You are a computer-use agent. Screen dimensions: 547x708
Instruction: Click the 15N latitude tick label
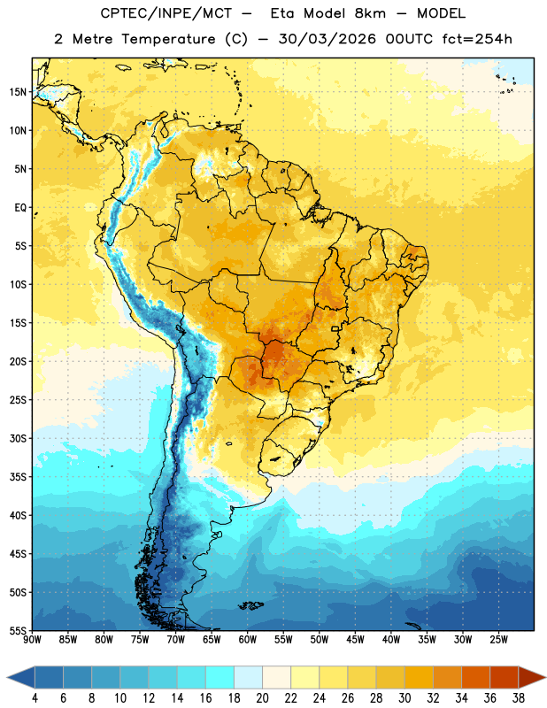[x=18, y=92]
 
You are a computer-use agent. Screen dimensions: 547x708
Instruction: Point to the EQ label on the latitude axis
[x=20, y=208]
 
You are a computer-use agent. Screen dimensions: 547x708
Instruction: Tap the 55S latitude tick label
[x=18, y=630]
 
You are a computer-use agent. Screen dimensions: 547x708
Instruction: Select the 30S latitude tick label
[x=18, y=438]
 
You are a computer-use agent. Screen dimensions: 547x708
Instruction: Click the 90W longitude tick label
[x=32, y=639]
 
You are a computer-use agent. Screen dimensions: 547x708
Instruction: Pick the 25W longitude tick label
[x=498, y=639]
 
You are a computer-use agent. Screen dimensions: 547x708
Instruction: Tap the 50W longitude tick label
[x=320, y=639]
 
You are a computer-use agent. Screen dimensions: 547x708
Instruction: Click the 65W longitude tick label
[x=212, y=639]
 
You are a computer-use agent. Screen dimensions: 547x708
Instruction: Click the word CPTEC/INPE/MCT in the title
[x=166, y=13]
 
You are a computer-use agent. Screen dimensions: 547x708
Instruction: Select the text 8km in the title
[x=370, y=13]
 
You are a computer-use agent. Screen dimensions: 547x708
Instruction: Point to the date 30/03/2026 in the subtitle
[x=327, y=39]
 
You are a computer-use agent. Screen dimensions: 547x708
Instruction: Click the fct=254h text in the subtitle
[x=477, y=39]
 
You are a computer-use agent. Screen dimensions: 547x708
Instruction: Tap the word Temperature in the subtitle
[x=168, y=39]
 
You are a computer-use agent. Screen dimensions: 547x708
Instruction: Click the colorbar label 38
[x=519, y=698]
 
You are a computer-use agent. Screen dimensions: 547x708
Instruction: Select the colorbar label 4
[x=35, y=698]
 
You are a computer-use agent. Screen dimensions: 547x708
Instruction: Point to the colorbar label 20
[x=262, y=698]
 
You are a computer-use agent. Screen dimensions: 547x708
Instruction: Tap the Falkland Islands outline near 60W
[x=251, y=605]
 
